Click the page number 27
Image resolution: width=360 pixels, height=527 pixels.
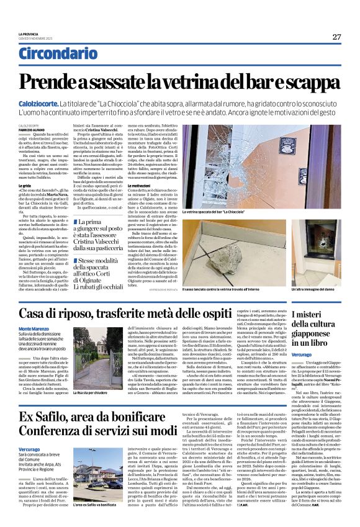(x=336, y=37)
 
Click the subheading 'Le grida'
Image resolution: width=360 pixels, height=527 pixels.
(x=24, y=186)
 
